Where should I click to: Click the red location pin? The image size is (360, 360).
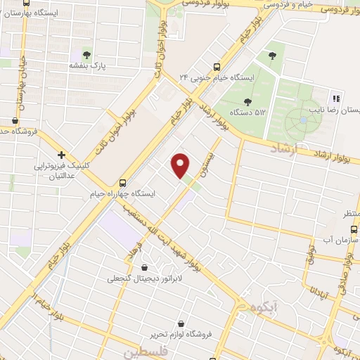point(181,165)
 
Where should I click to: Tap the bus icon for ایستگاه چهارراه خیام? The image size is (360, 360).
point(124,181)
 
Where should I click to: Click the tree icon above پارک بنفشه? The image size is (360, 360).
point(87,55)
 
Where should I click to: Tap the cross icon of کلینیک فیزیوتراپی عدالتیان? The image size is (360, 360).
point(62,155)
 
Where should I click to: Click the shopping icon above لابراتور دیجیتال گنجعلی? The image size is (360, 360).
point(145,268)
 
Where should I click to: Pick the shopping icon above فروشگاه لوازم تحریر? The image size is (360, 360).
point(181,323)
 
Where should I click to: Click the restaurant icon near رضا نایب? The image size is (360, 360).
point(335,98)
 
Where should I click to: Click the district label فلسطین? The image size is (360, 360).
point(145,349)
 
